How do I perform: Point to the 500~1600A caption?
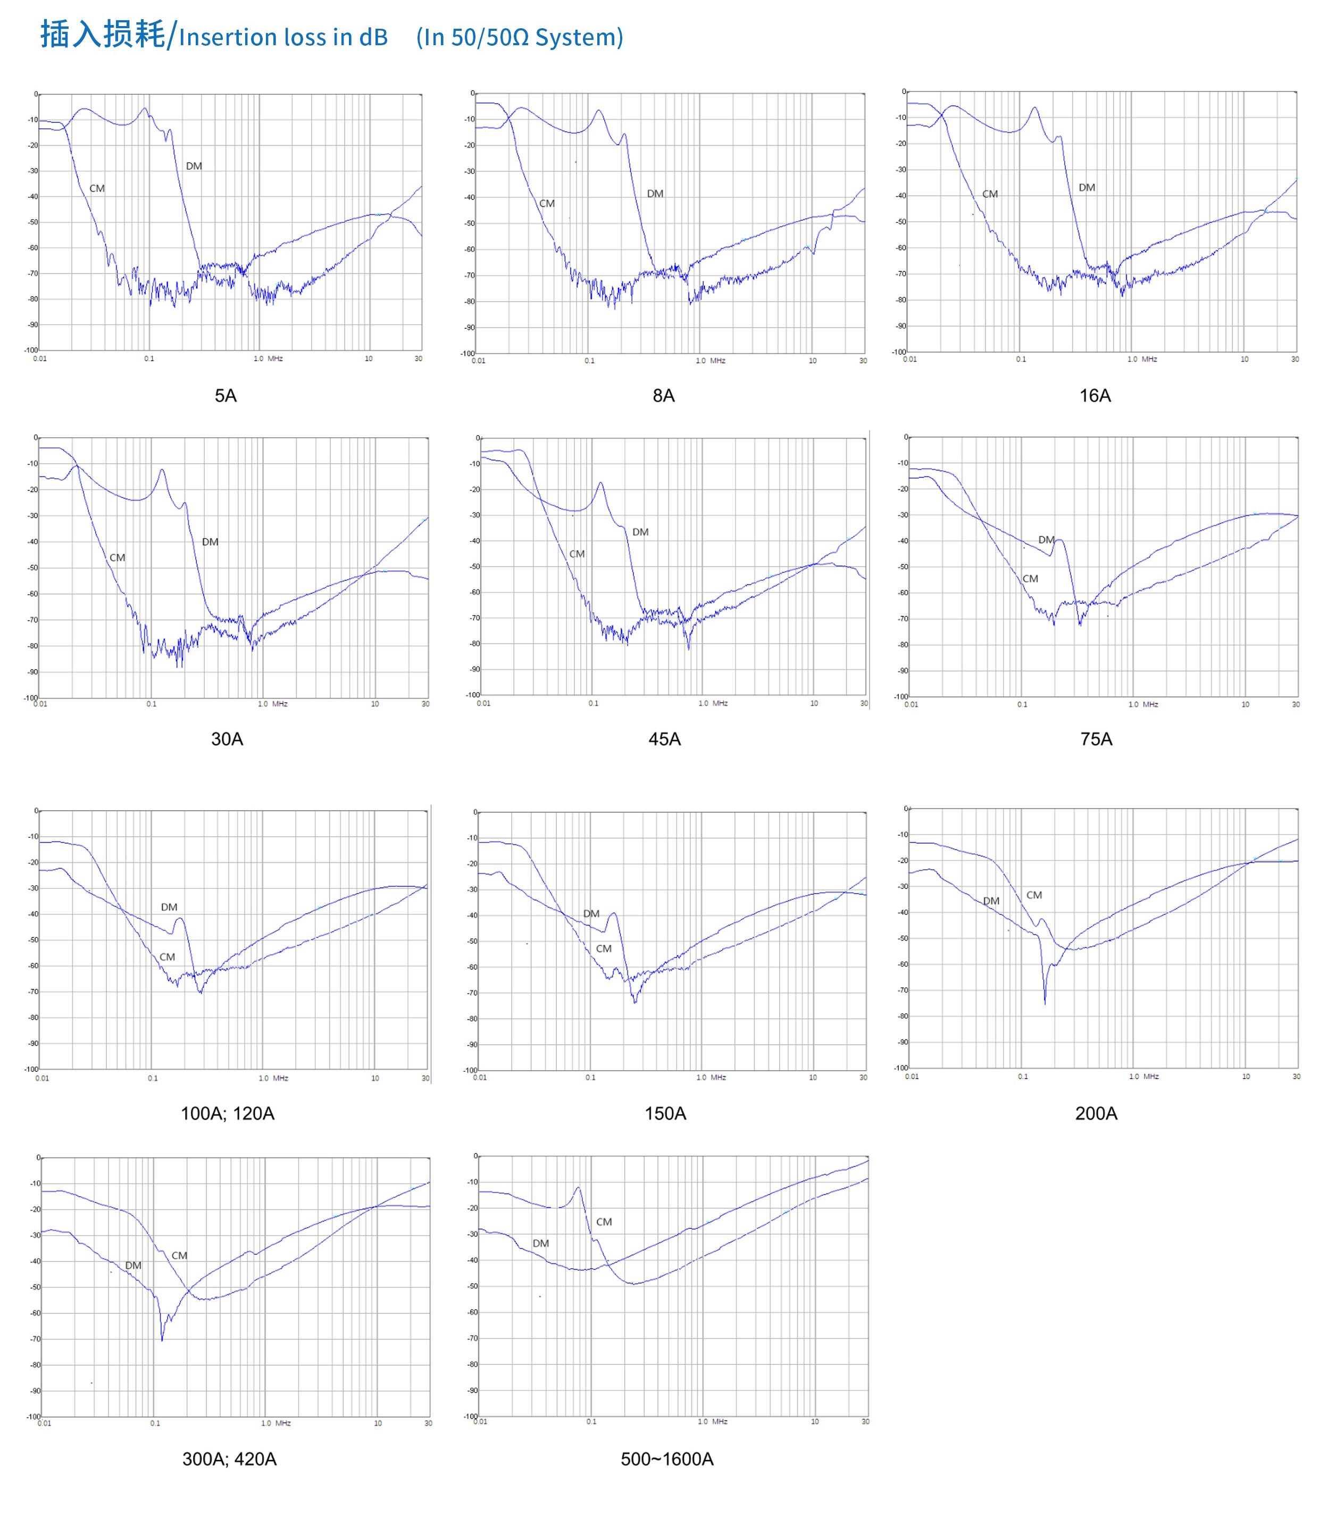coord(667,1459)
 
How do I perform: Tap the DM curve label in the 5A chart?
coord(194,166)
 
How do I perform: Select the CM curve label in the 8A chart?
coord(547,203)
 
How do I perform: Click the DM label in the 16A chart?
coord(1087,188)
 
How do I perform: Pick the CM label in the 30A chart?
coord(117,557)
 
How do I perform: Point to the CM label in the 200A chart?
coord(1034,895)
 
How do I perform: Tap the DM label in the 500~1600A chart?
coord(541,1243)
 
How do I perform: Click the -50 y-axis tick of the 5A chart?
coord(33,222)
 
